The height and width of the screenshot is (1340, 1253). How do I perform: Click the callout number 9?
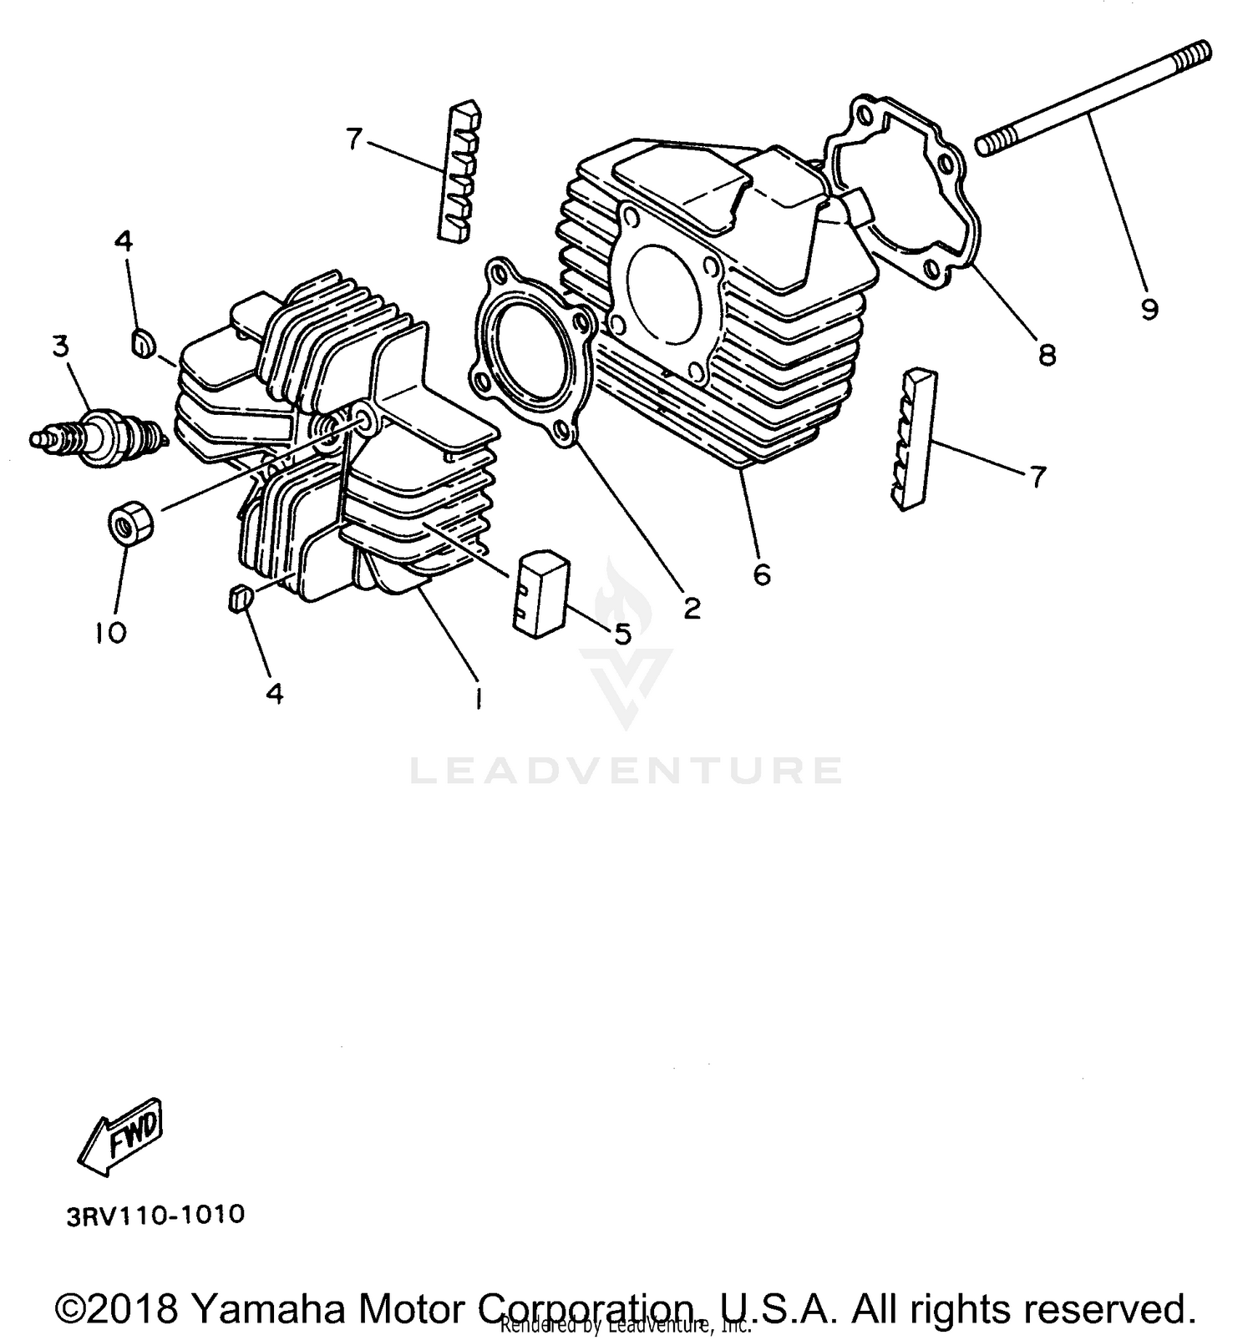(1149, 310)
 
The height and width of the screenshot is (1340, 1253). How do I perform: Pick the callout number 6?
(761, 574)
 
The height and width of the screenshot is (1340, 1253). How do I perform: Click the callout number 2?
(691, 609)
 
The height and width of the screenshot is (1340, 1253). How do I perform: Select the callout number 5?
(622, 634)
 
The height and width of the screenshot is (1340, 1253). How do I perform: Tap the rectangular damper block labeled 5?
(540, 593)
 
